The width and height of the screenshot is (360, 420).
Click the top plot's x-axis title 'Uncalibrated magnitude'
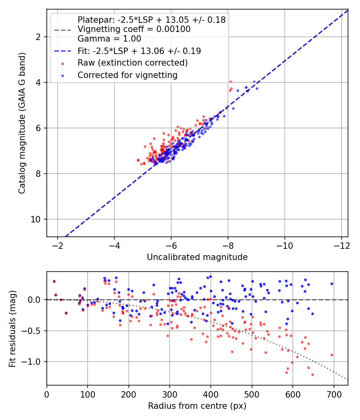tap(197, 257)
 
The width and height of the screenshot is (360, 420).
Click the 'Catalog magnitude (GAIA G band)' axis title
tap(22, 123)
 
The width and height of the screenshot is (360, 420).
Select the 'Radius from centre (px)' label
tap(197, 406)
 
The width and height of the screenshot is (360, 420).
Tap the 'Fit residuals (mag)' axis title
tap(12, 329)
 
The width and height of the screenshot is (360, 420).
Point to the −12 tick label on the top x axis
tap(342, 246)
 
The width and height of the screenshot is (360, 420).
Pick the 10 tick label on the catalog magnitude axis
tap(36, 219)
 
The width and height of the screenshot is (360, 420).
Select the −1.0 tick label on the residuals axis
tap(31, 362)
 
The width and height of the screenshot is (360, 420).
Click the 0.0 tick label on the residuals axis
tap(34, 300)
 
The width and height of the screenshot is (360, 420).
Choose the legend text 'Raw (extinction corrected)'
tap(132, 63)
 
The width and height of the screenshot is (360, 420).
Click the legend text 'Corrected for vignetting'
tap(128, 75)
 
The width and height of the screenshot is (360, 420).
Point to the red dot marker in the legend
tap(63, 64)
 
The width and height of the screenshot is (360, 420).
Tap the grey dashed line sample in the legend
tap(63, 30)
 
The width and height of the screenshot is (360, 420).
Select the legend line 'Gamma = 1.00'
tap(109, 39)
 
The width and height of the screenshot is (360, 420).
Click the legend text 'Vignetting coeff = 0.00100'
tap(134, 29)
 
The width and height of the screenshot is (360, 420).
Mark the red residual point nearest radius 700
tap(332, 355)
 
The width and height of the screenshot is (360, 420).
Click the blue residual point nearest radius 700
tap(332, 284)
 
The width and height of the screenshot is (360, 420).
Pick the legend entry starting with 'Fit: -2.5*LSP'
tap(139, 51)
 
